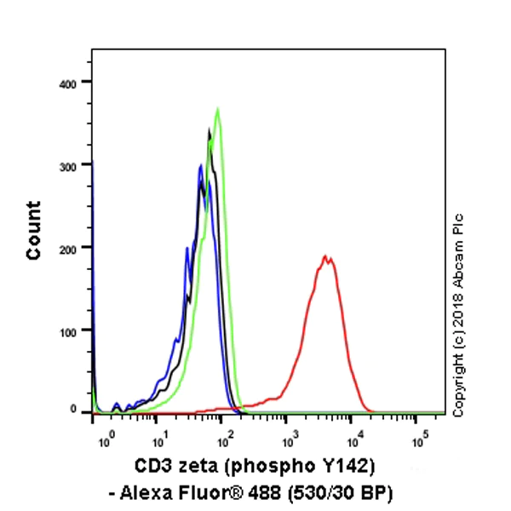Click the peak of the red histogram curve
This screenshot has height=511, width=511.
click(324, 255)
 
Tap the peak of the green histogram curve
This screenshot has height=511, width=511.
click(218, 109)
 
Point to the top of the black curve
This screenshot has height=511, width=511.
click(210, 130)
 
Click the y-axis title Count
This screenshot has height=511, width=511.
click(34, 230)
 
